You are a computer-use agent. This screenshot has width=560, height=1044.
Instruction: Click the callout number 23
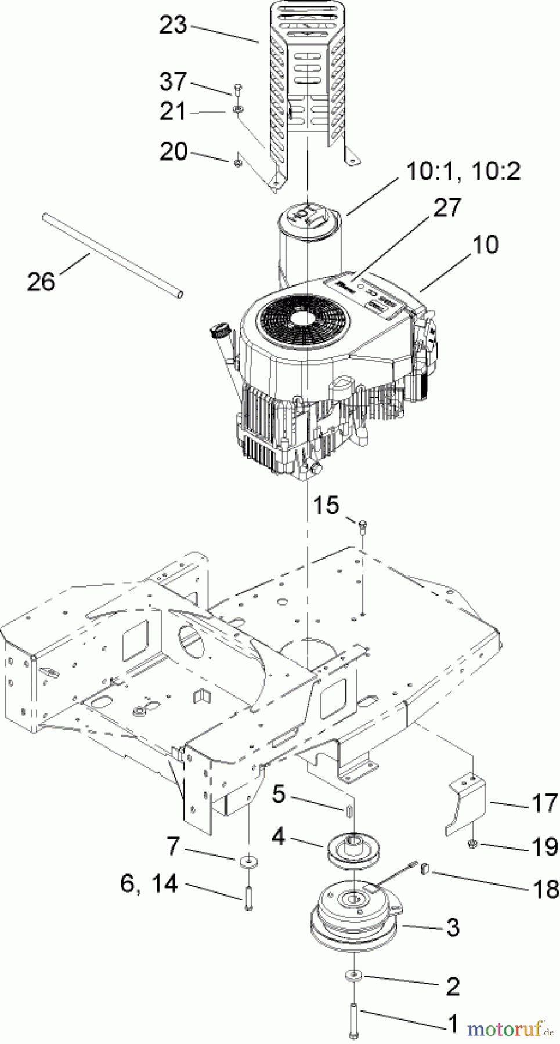click(173, 25)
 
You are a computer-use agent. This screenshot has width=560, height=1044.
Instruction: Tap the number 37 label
click(173, 81)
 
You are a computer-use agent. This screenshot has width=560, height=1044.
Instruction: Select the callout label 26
click(41, 281)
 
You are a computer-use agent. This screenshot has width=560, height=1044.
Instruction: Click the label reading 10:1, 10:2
click(463, 171)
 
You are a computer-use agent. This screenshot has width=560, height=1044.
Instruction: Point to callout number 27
click(447, 207)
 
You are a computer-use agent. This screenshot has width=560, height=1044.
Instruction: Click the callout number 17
click(544, 803)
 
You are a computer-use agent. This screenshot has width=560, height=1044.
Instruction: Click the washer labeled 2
click(354, 976)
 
